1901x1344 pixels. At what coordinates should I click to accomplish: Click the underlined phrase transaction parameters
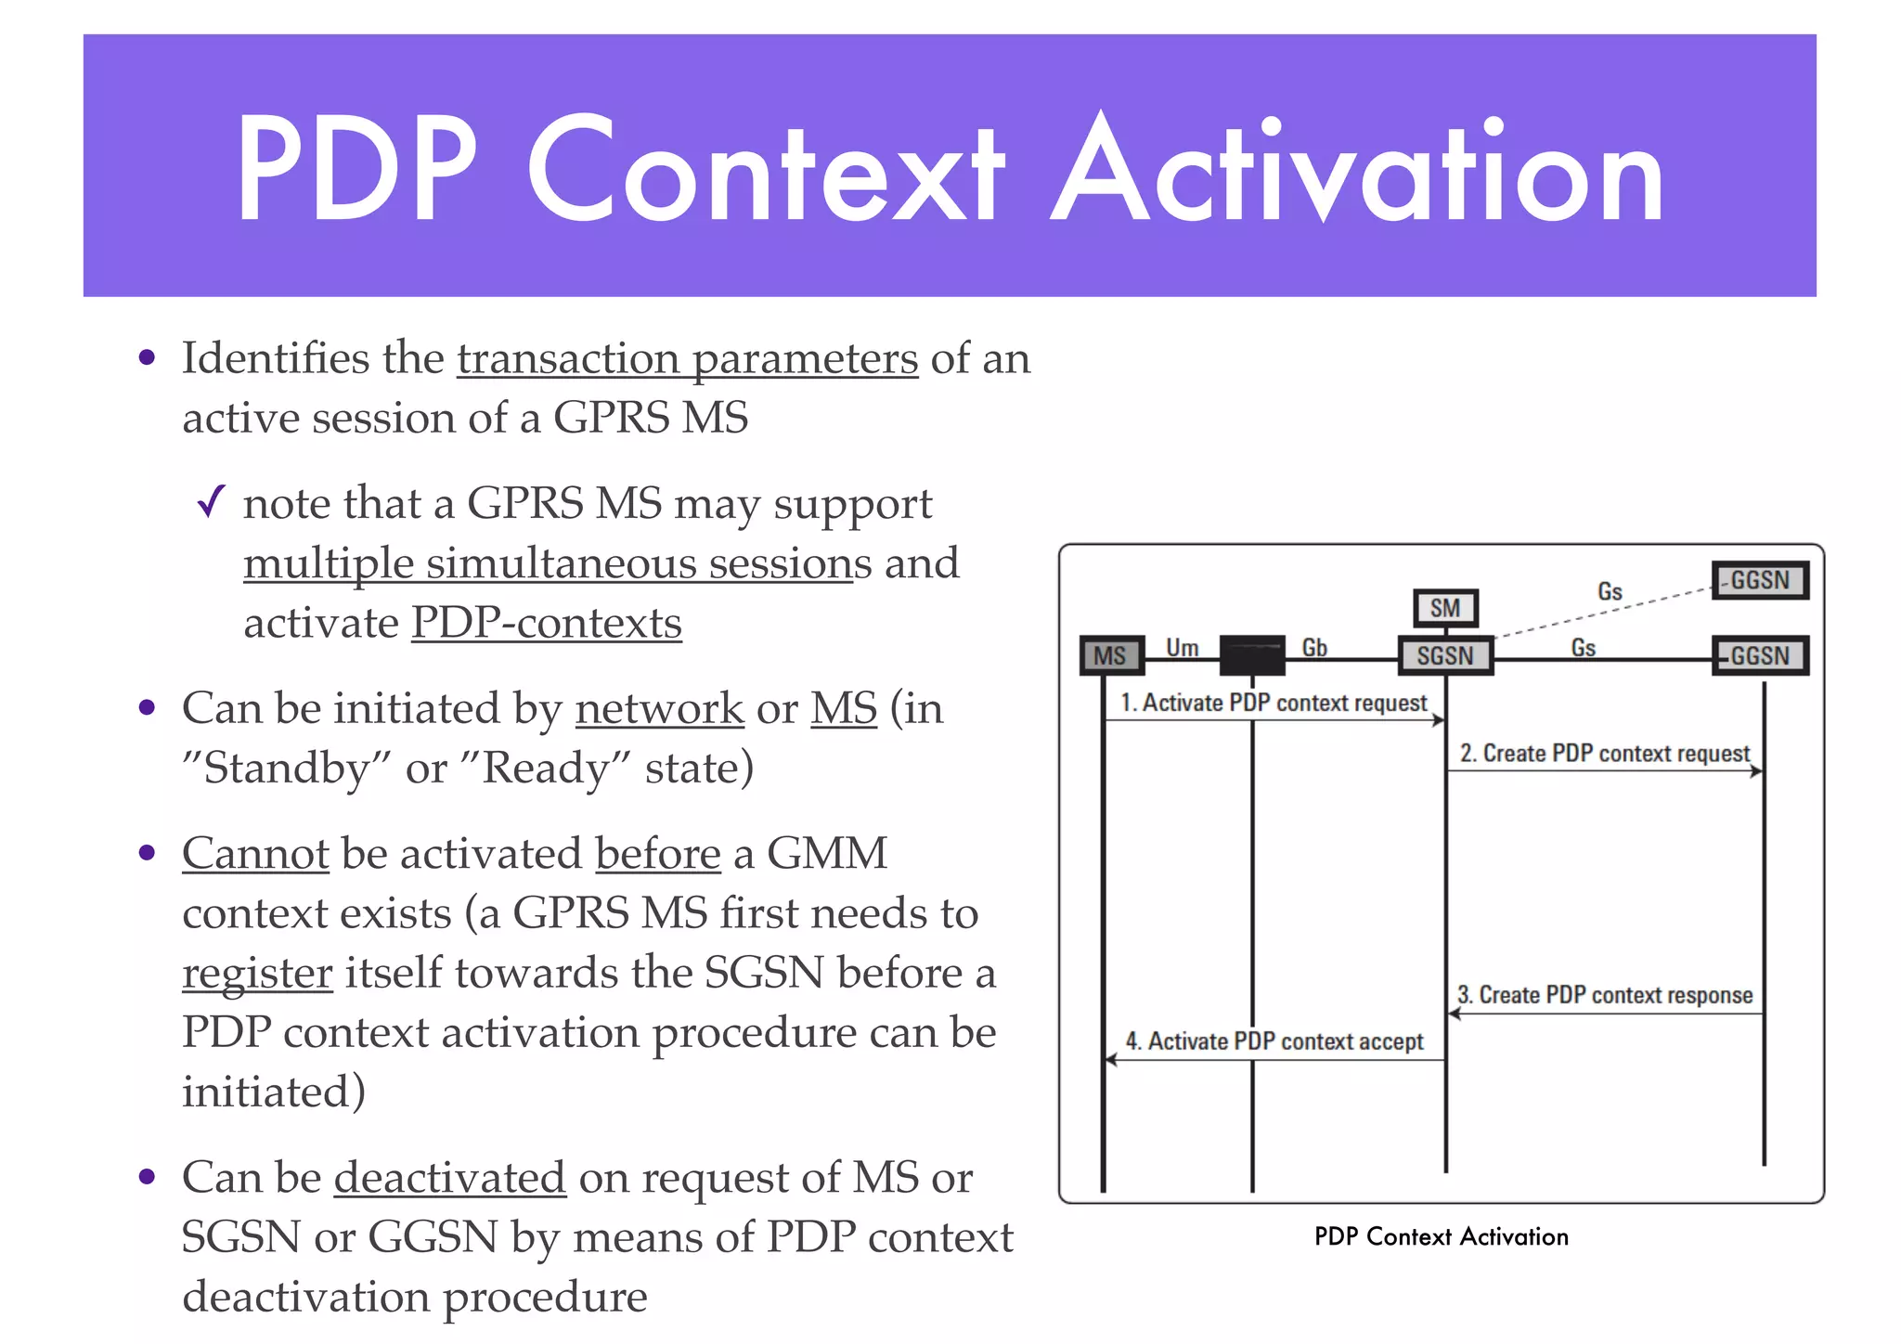pos(687,359)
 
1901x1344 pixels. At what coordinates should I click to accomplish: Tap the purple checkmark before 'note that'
pos(212,502)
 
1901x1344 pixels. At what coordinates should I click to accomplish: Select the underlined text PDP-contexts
pos(546,623)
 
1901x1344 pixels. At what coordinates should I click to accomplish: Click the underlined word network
pos(659,709)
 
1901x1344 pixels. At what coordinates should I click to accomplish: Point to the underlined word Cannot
pos(255,854)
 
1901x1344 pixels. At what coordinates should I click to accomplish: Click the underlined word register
pos(257,974)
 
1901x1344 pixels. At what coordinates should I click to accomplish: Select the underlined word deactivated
pos(450,1178)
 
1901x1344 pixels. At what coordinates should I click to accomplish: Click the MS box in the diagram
pos(1110,655)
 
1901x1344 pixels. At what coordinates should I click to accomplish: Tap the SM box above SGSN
pos(1444,608)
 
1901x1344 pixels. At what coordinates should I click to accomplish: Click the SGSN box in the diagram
pos(1444,655)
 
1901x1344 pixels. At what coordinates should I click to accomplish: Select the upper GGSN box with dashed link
pos(1759,580)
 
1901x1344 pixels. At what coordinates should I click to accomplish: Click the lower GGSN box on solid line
pos(1759,655)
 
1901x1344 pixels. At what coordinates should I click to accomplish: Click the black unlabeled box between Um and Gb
pos(1252,655)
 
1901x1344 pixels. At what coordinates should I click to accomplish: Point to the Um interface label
pos(1182,647)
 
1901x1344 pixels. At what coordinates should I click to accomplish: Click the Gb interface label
pos(1314,647)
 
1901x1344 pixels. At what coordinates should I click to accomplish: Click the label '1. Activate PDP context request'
pos(1273,703)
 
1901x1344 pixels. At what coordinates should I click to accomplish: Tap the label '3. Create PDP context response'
pos(1605,995)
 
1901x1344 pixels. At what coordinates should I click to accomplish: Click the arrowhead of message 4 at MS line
pos(1110,1060)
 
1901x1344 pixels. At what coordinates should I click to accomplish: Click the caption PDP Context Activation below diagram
pos(1441,1236)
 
